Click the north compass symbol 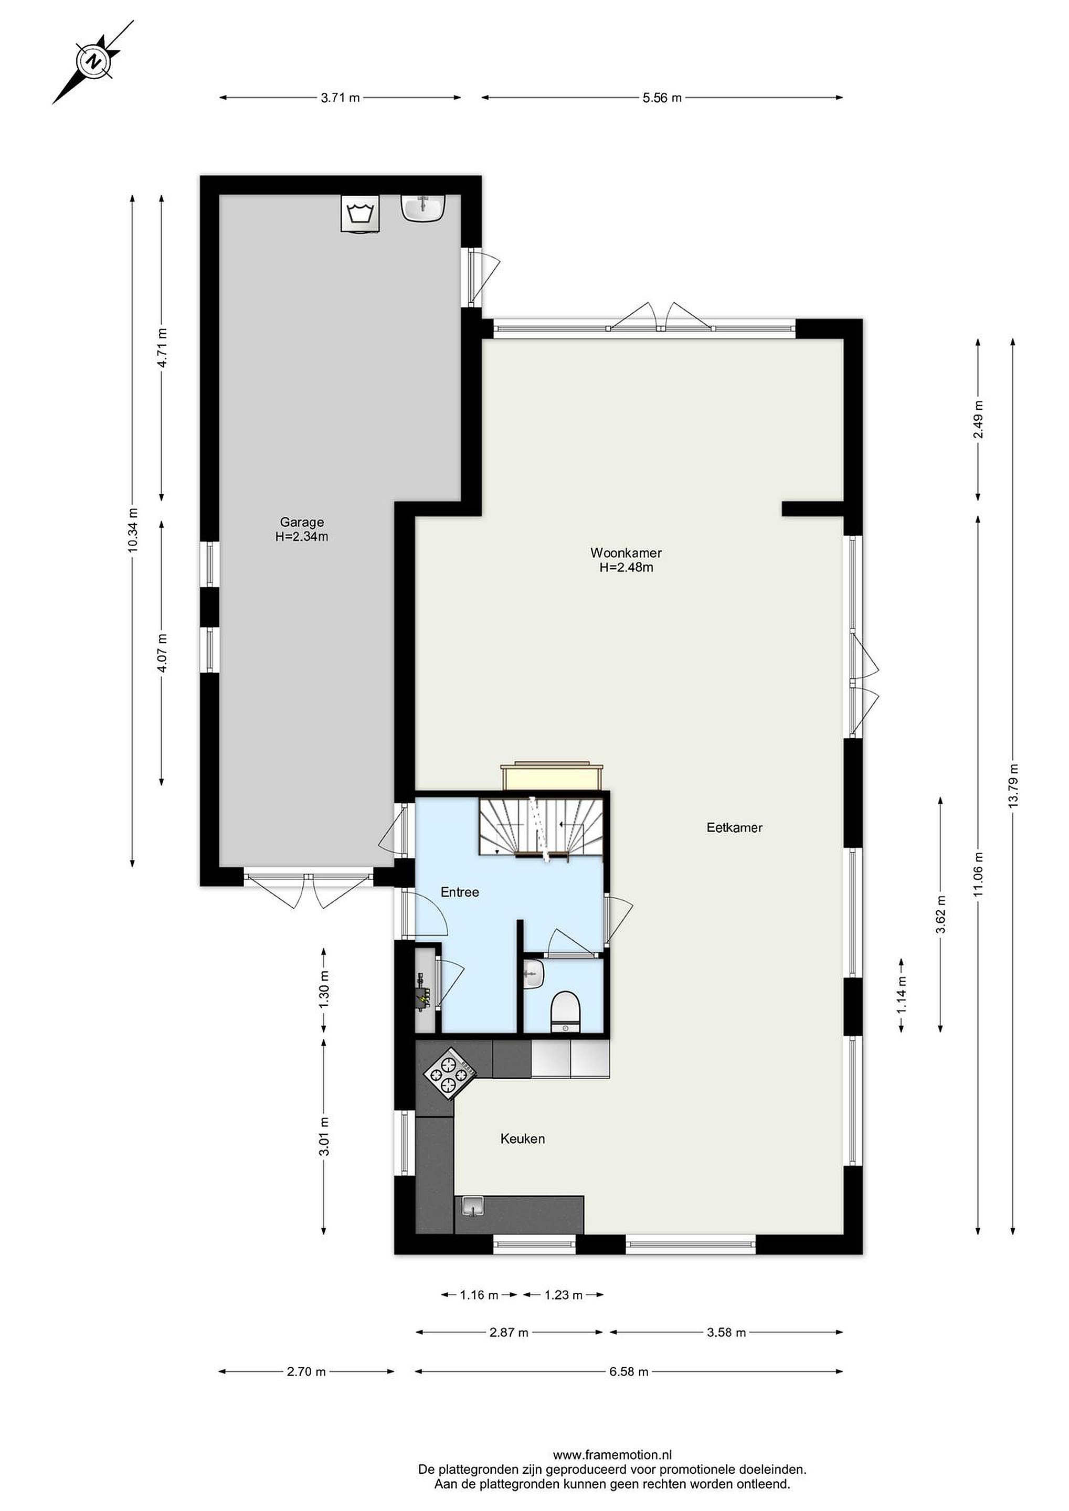pos(93,62)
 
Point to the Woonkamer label pos(626,553)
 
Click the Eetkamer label pos(735,828)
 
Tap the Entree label pos(460,892)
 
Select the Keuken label pos(523,1139)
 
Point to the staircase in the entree pos(541,826)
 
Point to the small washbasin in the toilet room pos(533,973)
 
